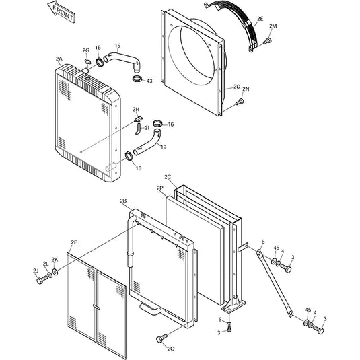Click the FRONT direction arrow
click(61, 12)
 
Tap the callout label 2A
click(59, 59)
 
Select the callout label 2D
click(237, 87)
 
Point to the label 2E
click(260, 19)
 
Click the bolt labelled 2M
click(267, 41)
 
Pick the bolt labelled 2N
click(240, 102)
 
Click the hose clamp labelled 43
click(137, 79)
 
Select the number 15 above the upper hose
click(117, 46)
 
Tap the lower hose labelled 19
click(147, 143)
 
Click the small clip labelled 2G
click(87, 61)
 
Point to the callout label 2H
click(136, 109)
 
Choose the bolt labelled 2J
click(42, 280)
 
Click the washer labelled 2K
click(55, 272)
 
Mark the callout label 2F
click(74, 242)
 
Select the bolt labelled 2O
click(162, 338)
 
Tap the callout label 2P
click(160, 188)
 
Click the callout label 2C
click(168, 177)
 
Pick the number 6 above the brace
click(263, 242)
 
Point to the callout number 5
click(220, 320)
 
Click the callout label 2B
click(123, 201)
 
